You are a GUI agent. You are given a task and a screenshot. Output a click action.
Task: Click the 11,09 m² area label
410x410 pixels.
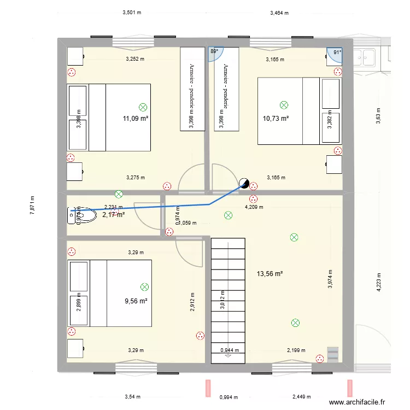pyautogui.click(x=136, y=118)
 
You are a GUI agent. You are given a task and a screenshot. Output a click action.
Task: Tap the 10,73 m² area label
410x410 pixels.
pyautogui.click(x=276, y=118)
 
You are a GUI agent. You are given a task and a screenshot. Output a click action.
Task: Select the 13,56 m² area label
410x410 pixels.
pyautogui.click(x=270, y=273)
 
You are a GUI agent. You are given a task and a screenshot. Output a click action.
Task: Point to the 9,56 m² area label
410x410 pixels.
pyautogui.click(x=136, y=301)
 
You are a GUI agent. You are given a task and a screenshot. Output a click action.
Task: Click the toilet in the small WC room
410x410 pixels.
pyautogui.click(x=73, y=216)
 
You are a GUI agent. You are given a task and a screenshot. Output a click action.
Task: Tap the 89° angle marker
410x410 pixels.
pyautogui.click(x=214, y=51)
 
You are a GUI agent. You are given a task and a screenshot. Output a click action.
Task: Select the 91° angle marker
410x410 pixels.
pyautogui.click(x=337, y=52)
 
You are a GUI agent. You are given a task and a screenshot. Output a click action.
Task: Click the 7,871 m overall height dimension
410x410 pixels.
pyautogui.click(x=32, y=206)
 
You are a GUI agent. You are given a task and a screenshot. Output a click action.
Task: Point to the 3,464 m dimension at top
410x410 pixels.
pyautogui.click(x=279, y=12)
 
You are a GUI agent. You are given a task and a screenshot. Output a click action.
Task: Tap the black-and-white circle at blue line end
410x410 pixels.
pyautogui.click(x=244, y=184)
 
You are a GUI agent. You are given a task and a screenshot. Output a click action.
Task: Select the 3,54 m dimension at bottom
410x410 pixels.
pyautogui.click(x=132, y=397)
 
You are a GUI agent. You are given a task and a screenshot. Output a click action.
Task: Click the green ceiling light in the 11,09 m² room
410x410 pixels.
pyautogui.click(x=143, y=108)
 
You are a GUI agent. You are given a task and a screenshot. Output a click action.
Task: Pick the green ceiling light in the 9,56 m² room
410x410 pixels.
pyautogui.click(x=144, y=286)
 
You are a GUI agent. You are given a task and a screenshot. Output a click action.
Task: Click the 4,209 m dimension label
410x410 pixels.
pyautogui.click(x=254, y=207)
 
